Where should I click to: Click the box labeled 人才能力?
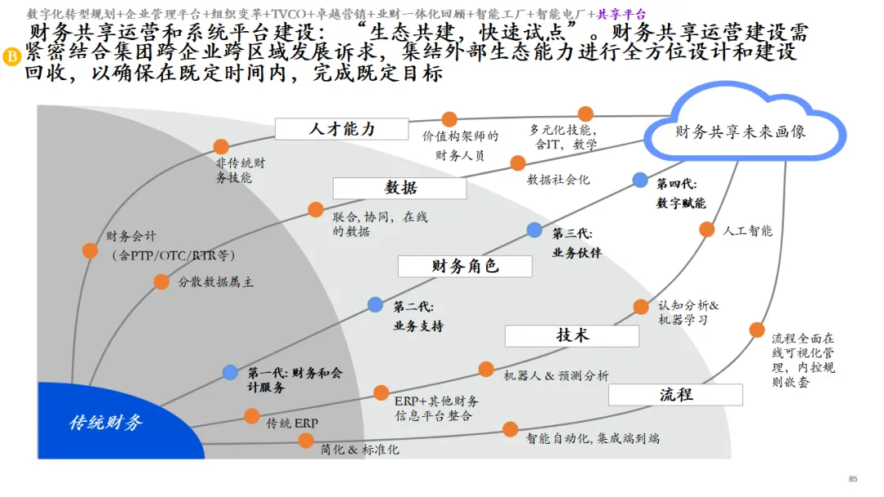click(341, 129)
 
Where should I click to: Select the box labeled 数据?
click(399, 188)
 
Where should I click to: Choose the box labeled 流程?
click(675, 395)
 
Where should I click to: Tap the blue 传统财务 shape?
click(106, 423)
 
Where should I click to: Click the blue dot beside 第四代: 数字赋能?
click(640, 180)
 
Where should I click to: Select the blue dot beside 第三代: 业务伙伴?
click(534, 230)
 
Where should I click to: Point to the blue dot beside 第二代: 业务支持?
click(375, 304)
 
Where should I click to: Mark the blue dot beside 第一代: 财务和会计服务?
click(230, 373)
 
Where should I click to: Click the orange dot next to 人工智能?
click(706, 230)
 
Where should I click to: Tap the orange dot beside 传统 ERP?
click(251, 416)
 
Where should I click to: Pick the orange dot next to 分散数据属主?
click(161, 282)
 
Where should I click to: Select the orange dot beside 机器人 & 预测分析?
click(486, 369)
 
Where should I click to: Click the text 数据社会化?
click(558, 180)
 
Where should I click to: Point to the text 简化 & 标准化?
click(359, 450)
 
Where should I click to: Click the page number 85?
click(853, 479)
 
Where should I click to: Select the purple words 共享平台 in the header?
click(621, 14)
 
